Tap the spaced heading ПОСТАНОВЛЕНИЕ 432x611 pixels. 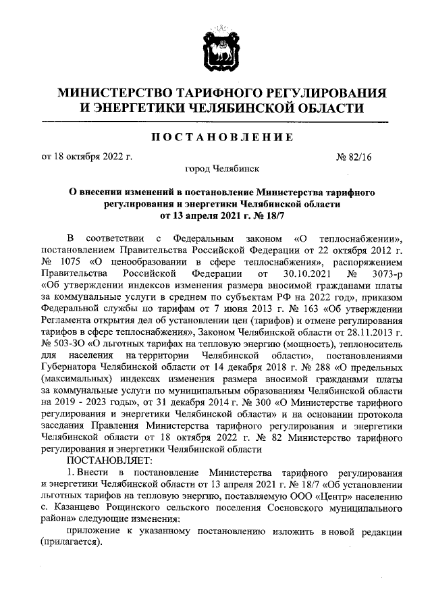pyautogui.click(x=216, y=137)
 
